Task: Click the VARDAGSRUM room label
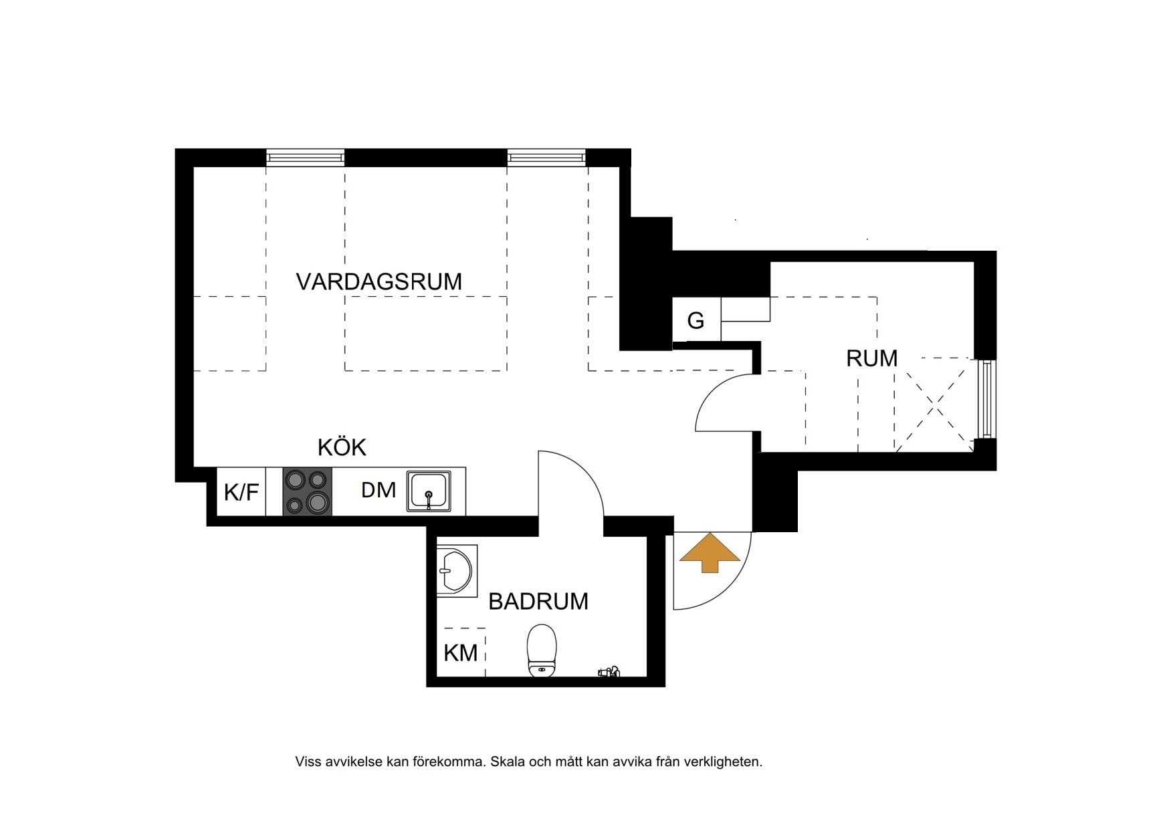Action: (379, 281)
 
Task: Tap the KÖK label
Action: (342, 447)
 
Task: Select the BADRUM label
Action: (538, 602)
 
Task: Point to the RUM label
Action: (871, 358)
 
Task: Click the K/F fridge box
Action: (241, 492)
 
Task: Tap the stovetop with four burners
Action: (308, 491)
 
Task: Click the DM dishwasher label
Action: (379, 490)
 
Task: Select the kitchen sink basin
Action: (429, 492)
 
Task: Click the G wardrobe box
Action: (696, 321)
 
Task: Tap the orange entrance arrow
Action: (710, 553)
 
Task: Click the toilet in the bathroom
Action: (542, 650)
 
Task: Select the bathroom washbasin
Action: (456, 571)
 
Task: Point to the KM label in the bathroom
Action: (461, 653)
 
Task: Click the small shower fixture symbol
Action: (609, 671)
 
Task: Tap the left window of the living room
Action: (306, 158)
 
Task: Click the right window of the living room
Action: (546, 158)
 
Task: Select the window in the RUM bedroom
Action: (985, 400)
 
